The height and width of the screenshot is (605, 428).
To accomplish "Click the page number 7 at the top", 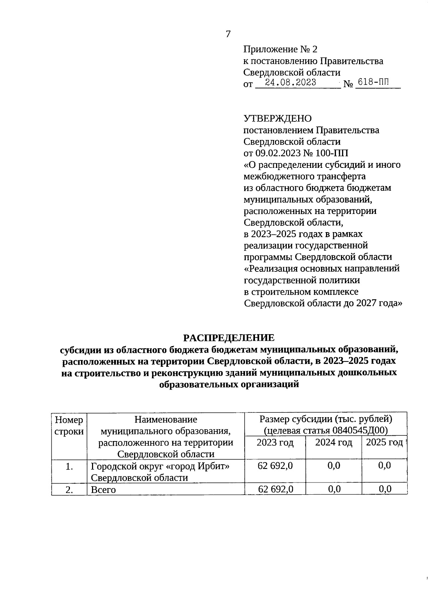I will point(228,34).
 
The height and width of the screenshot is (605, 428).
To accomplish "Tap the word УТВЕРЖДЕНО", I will point(277,119).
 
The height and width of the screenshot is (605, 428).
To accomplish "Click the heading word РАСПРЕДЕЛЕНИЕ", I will point(229,337).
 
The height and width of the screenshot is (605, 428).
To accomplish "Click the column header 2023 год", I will point(275,442).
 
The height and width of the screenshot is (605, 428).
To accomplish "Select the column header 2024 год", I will point(333,442).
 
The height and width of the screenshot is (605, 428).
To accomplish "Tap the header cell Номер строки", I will point(69,425).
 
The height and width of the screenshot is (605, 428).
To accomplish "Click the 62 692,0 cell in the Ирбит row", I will point(275,465).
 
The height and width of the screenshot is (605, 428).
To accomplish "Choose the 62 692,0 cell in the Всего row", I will point(275,489).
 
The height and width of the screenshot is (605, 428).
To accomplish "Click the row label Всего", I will point(103,490).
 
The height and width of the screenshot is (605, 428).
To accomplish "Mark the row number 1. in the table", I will point(69,466).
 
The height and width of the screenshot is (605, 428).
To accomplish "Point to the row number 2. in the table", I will point(69,490).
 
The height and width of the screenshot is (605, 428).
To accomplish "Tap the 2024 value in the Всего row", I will point(334,489).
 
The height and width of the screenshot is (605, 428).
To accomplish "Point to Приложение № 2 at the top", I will point(280,49).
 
